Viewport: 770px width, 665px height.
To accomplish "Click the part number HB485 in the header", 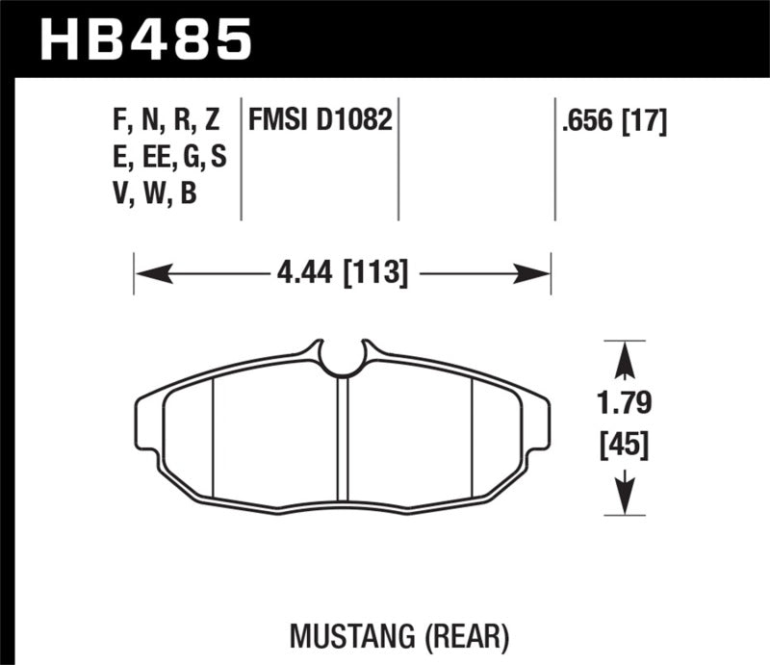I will click(x=145, y=39).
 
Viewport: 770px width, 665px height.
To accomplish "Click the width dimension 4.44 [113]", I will click(x=343, y=274).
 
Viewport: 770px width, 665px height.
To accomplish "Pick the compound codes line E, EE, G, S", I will click(x=169, y=158).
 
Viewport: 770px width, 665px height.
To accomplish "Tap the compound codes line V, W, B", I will click(x=154, y=193).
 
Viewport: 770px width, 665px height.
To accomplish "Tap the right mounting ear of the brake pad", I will click(x=538, y=423).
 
